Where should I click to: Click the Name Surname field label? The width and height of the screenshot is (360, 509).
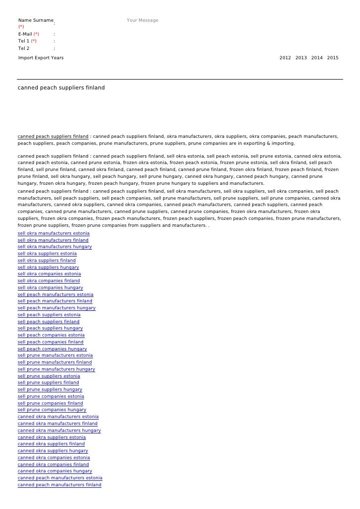(x=36, y=20)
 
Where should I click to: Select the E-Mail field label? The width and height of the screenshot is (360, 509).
(x=25, y=34)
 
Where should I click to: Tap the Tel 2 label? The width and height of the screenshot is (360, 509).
(x=24, y=48)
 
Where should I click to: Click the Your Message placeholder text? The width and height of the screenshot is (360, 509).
(x=142, y=20)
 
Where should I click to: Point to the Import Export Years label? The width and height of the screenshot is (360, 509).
(x=41, y=58)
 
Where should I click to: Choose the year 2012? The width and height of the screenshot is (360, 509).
(x=285, y=58)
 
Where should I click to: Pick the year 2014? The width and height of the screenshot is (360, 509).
(x=317, y=58)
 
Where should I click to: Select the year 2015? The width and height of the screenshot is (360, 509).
(x=333, y=58)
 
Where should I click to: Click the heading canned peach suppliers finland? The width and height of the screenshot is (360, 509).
(x=61, y=88)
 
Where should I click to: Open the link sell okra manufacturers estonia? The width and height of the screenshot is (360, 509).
(x=54, y=233)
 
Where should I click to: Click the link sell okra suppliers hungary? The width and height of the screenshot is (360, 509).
(x=48, y=267)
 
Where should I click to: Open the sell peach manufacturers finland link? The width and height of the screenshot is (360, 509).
(x=55, y=301)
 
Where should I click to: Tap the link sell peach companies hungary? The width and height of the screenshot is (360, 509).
(x=52, y=349)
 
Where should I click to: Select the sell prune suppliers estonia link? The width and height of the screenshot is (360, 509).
(x=49, y=376)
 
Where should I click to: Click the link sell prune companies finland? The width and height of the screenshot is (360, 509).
(x=50, y=403)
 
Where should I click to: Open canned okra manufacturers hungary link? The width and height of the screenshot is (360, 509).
(x=59, y=430)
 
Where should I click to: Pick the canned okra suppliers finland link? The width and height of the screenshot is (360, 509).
(x=51, y=444)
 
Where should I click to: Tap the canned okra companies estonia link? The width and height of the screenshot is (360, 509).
(x=54, y=458)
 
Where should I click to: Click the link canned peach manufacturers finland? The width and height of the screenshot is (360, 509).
(x=59, y=485)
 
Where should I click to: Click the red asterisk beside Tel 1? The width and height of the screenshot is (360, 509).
(x=34, y=41)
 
